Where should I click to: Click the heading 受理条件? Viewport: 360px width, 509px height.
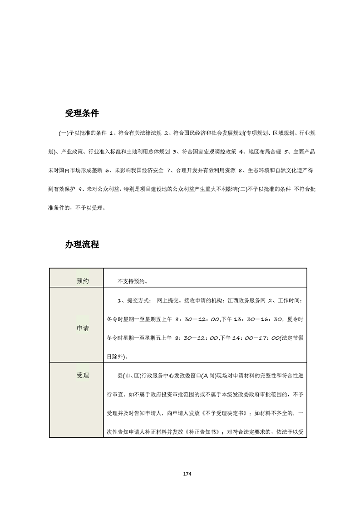(x=82, y=113)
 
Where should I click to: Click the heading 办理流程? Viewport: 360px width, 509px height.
(x=82, y=245)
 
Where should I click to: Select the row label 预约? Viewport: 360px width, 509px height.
(x=83, y=281)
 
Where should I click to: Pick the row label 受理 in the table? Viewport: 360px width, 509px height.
(x=83, y=375)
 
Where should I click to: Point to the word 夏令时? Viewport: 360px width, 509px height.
(x=296, y=319)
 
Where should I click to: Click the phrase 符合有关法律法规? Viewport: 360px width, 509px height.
(x=139, y=133)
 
